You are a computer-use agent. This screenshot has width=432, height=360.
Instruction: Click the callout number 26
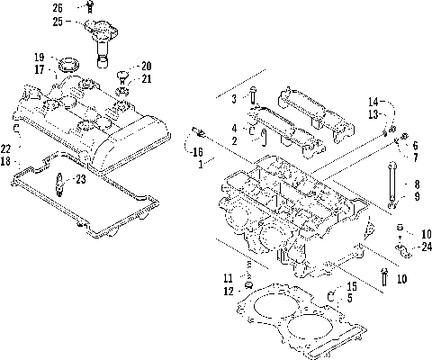point(58,8)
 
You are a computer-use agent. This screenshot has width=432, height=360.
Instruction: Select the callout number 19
point(40,56)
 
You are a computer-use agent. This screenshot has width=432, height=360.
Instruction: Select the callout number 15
point(352,286)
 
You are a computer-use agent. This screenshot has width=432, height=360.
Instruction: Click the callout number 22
point(6,148)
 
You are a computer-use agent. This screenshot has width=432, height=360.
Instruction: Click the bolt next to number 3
point(254,95)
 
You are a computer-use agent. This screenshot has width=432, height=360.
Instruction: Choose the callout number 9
point(415,196)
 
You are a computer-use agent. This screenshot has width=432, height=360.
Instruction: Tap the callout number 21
point(147,78)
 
